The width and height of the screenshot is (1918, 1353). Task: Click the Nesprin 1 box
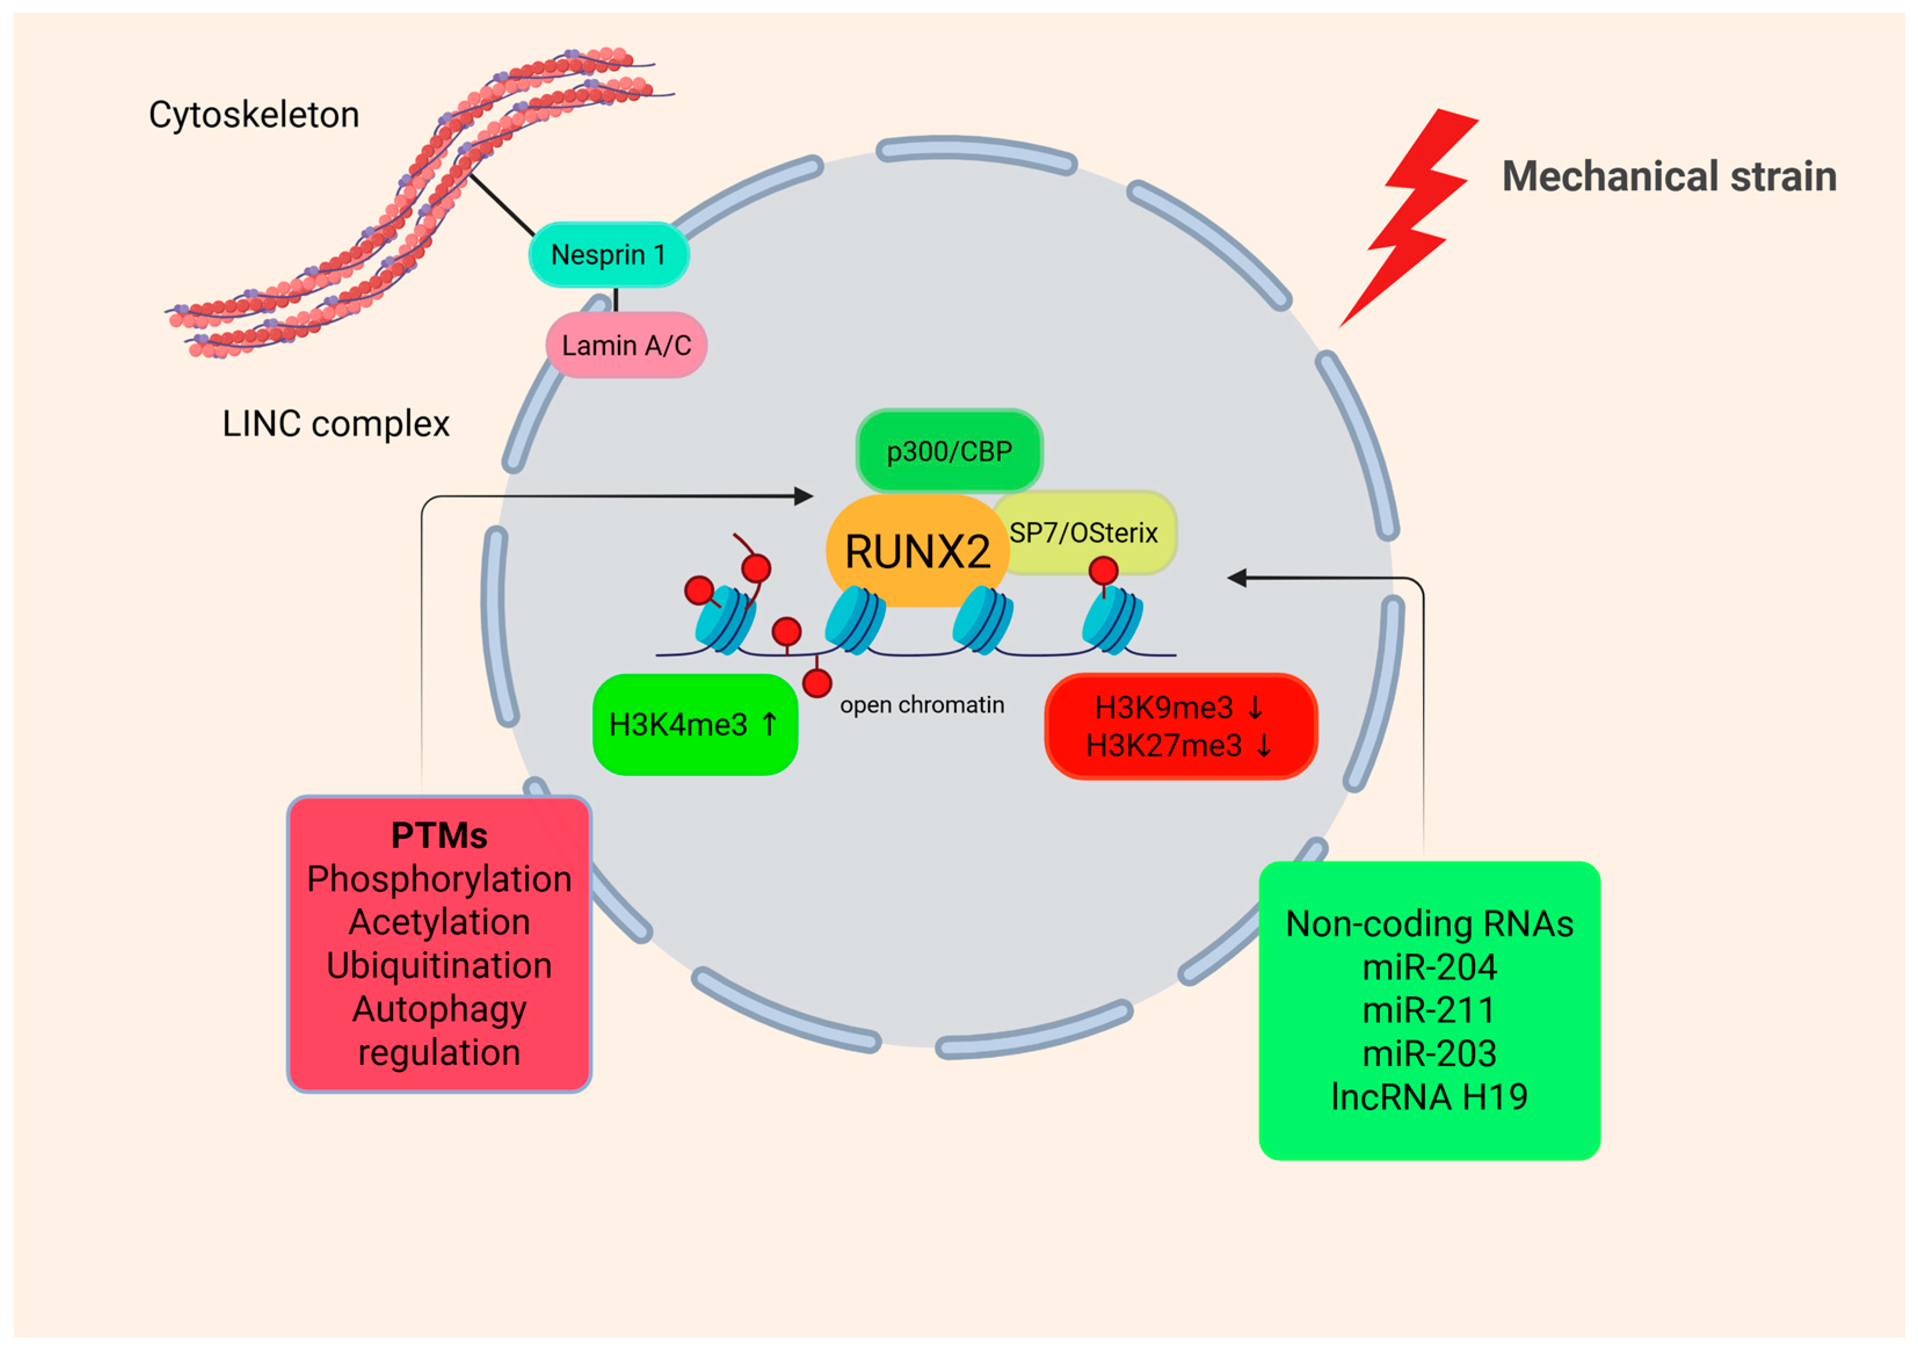click(x=608, y=254)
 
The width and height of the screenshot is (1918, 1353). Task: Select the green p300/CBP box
click(x=949, y=452)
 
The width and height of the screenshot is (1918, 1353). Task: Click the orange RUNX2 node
click(x=917, y=552)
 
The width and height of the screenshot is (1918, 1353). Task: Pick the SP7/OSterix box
click(x=1084, y=533)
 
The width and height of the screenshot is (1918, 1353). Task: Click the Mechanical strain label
click(x=1668, y=176)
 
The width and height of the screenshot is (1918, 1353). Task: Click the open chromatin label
click(x=921, y=705)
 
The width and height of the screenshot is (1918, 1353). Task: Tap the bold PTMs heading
click(x=439, y=836)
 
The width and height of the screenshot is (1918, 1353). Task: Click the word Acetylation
click(x=439, y=923)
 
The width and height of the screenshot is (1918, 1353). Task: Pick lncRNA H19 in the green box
click(x=1429, y=1097)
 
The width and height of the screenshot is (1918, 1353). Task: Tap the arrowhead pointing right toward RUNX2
click(x=804, y=496)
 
